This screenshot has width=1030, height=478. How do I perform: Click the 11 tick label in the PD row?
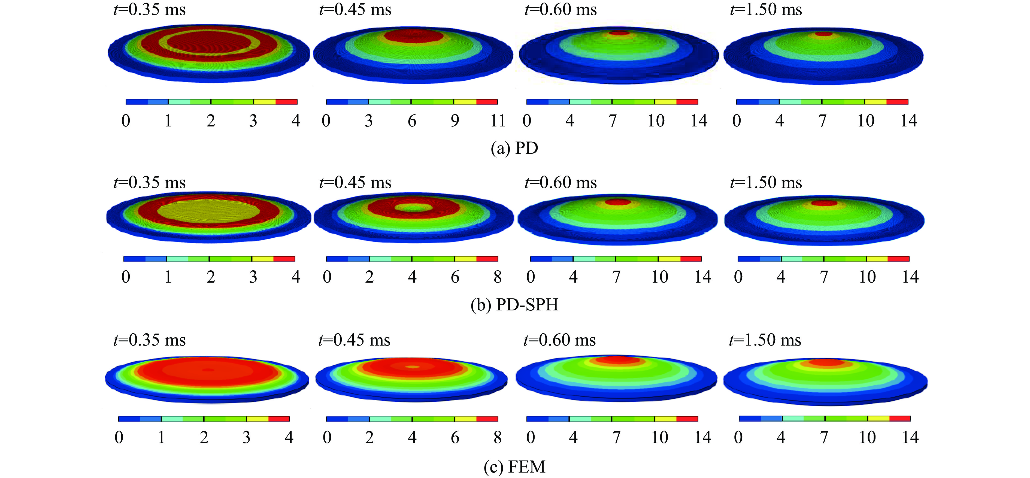coord(498,121)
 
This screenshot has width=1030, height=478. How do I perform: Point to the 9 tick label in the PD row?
coord(455,121)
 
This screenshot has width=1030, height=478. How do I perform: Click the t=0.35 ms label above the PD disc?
coord(150,10)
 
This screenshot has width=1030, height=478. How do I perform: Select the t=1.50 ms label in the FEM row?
coord(765,340)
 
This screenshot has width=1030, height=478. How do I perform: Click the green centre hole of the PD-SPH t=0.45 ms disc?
coord(414,208)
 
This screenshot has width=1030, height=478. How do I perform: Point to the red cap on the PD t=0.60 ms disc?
coord(619,33)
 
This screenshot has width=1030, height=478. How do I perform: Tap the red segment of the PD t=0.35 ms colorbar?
coord(286,102)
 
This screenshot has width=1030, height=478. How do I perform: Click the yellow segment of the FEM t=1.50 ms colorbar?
coord(878,418)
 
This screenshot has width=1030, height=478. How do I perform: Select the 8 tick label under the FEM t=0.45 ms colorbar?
coord(497,438)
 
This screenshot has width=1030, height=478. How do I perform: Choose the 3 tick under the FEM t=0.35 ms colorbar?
coord(246,438)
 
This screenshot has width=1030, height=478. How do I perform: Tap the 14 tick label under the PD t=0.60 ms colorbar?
coord(699,121)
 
